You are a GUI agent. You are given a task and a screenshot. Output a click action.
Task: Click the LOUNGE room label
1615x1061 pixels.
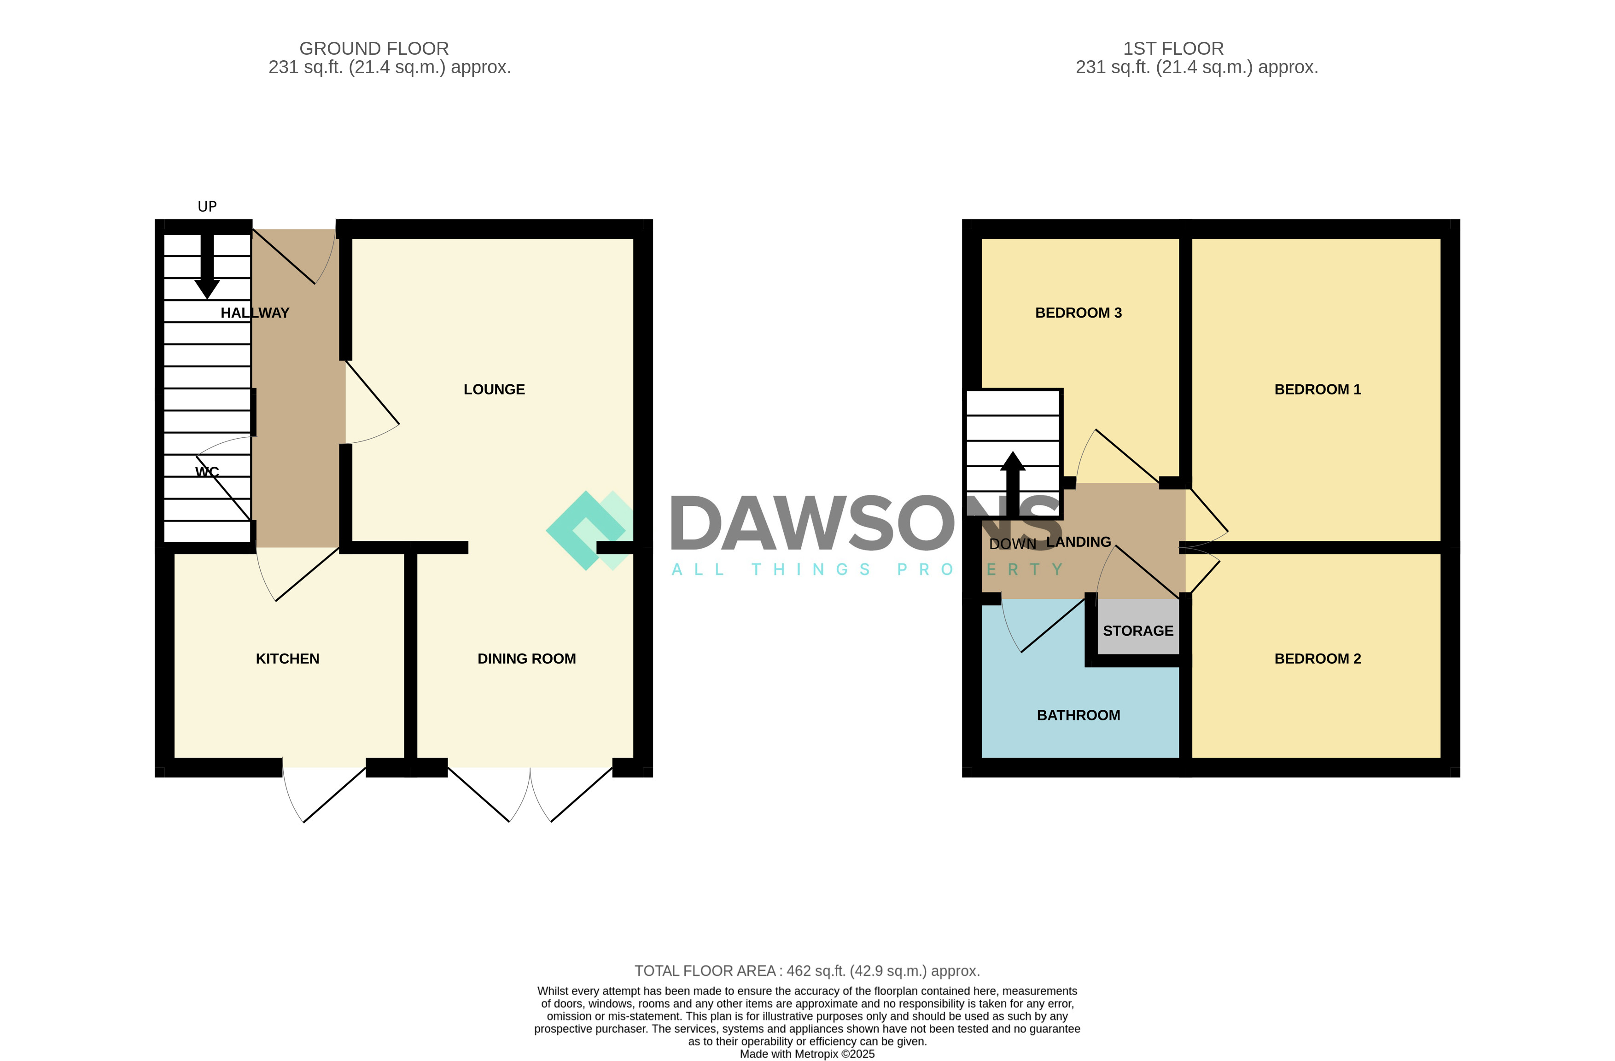[494, 389]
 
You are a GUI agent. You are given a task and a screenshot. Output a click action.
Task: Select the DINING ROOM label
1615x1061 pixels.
[526, 659]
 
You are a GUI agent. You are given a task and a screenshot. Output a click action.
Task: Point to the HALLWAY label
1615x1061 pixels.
[255, 313]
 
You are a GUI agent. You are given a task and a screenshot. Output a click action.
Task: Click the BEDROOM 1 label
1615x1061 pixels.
[1317, 389]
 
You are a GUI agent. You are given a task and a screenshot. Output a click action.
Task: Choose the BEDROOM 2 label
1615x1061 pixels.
[1317, 659]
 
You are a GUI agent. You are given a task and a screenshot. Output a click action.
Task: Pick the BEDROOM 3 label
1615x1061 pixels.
[1078, 313]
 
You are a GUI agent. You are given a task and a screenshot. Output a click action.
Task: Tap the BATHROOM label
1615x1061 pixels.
[1078, 715]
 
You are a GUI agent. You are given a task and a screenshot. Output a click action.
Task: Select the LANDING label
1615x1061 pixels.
[1078, 542]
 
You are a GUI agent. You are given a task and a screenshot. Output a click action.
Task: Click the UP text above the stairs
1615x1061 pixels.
[207, 206]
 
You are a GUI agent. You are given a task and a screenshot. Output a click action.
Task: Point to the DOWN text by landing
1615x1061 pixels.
[1013, 544]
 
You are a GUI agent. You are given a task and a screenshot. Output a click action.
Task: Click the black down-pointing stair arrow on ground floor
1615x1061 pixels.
[207, 268]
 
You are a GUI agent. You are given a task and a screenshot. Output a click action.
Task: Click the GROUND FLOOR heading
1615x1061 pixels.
[374, 49]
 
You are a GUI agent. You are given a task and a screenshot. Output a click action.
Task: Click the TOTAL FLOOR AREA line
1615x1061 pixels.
[807, 971]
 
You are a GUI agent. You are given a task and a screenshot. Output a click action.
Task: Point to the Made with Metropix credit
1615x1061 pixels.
[807, 1054]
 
